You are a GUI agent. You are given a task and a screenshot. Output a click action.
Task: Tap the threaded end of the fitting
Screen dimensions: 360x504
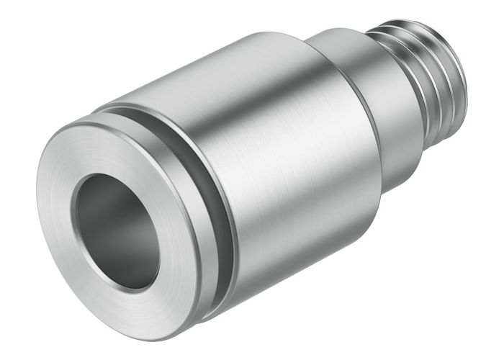(x=425, y=79)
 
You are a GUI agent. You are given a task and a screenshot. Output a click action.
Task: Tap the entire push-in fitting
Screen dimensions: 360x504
(x=252, y=180)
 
